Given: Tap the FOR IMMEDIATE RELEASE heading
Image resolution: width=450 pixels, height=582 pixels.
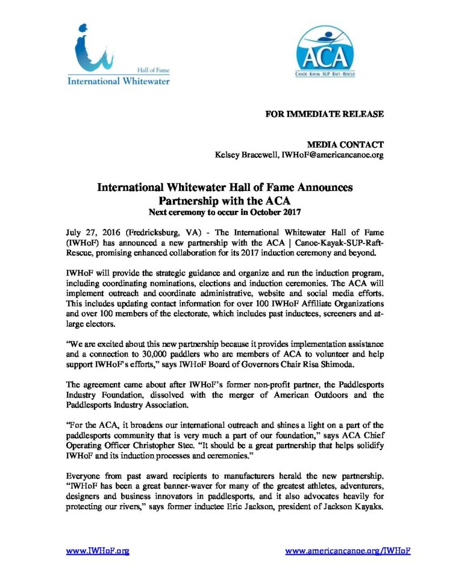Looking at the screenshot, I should [x=325, y=114].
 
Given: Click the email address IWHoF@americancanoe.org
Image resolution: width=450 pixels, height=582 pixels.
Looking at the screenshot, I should [x=330, y=155].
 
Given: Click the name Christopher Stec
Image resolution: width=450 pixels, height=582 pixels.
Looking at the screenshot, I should [x=188, y=453].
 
